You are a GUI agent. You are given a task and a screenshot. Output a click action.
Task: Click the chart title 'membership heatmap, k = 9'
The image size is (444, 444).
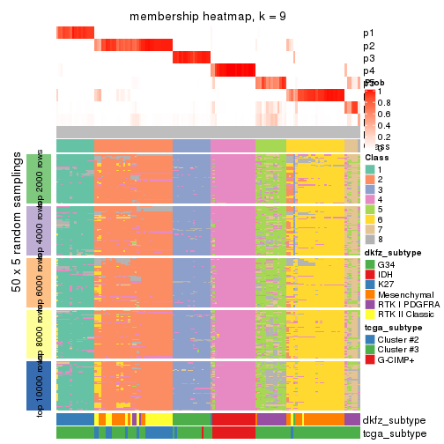[x=208, y=18]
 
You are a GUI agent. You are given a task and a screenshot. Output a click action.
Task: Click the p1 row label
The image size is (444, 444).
[x=368, y=33]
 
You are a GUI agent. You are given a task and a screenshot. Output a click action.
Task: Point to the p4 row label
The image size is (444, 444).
[x=368, y=70]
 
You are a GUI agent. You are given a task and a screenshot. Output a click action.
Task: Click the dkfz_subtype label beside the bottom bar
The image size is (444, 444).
[x=393, y=419]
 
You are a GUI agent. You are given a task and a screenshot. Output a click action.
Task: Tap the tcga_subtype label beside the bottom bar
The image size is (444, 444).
[x=393, y=433]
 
